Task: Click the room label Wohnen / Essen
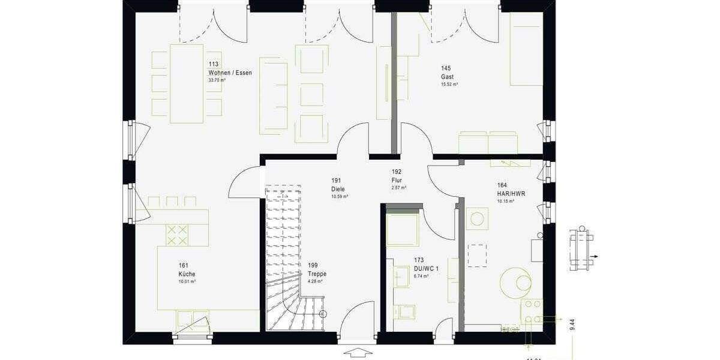[x=230, y=73]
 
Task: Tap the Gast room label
[x=447, y=77]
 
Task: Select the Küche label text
[x=187, y=274]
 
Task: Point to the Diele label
[x=338, y=189]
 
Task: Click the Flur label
[x=397, y=180]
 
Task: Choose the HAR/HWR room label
[x=510, y=194]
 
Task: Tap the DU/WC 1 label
[x=426, y=269]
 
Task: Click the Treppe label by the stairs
[x=317, y=274]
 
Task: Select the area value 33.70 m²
[x=216, y=80]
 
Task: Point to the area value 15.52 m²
[x=449, y=85]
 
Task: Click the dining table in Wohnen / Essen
[x=187, y=83]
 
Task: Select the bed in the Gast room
[x=526, y=49]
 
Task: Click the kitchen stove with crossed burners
[x=176, y=235]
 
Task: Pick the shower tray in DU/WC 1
[x=402, y=229]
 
